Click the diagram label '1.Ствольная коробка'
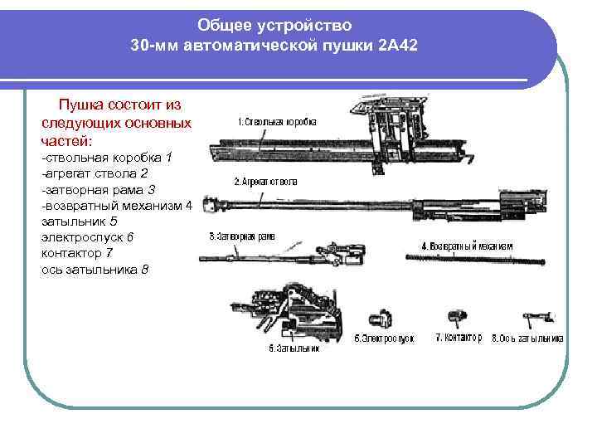point(276,122)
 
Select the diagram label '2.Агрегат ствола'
point(265,181)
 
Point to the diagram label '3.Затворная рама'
point(242,236)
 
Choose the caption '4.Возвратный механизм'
point(467,246)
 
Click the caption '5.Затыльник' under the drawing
point(294,348)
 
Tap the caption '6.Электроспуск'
point(384,338)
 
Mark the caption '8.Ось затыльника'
point(528,338)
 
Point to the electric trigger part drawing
point(378,319)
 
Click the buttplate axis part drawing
point(536,318)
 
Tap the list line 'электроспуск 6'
point(87,237)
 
